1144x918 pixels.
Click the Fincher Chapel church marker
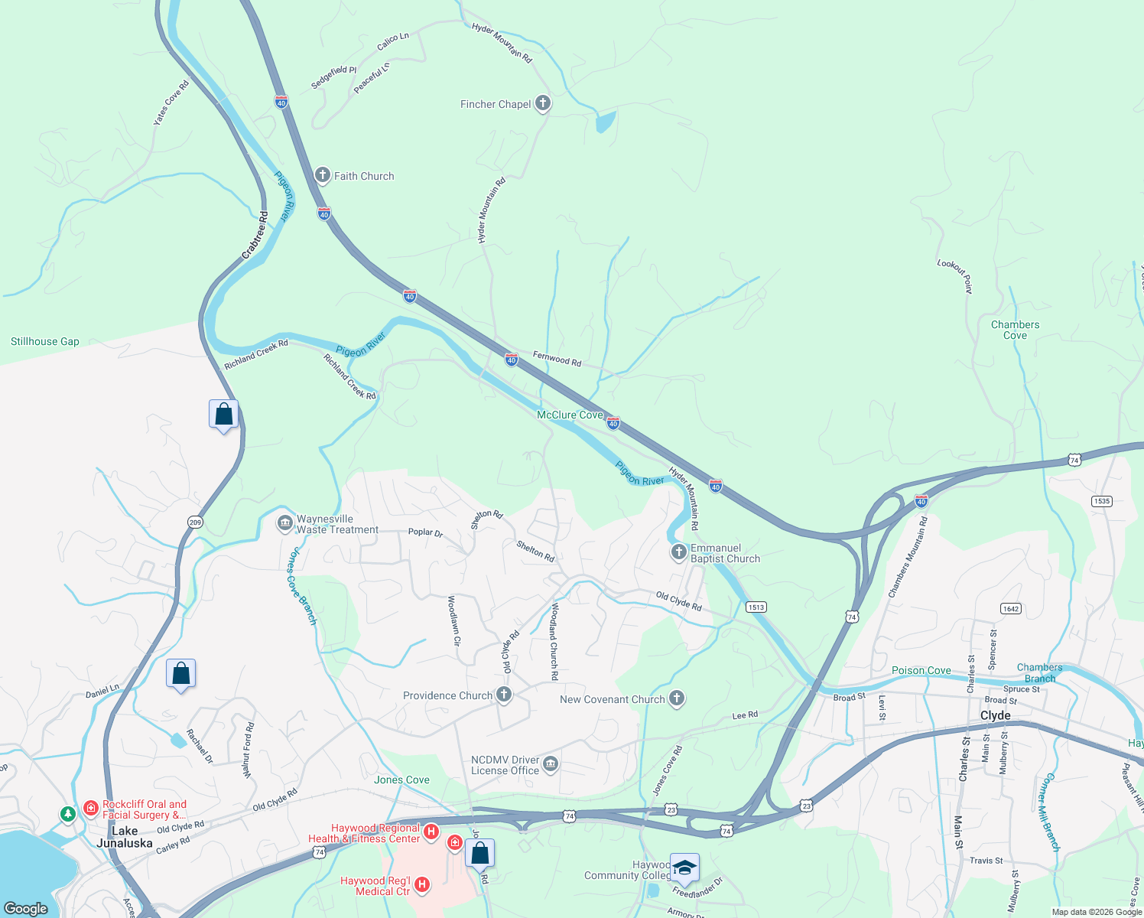(542, 103)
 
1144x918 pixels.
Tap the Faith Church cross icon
(323, 175)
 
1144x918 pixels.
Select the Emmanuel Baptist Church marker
(678, 552)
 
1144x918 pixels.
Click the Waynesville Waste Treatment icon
(284, 523)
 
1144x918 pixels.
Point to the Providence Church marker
(503, 695)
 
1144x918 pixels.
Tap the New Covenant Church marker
(676, 698)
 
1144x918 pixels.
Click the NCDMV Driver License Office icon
(550, 763)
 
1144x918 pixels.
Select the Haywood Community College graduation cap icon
(684, 868)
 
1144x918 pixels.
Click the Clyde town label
(995, 715)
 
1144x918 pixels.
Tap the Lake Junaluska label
(125, 837)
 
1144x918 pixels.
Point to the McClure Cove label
(570, 415)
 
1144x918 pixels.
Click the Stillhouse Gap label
(45, 341)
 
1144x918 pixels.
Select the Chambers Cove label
(1015, 330)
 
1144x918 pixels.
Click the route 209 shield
(195, 522)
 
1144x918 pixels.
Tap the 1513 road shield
(756, 607)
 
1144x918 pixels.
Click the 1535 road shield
(1101, 501)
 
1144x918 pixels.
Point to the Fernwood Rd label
(557, 358)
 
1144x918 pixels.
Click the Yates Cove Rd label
(171, 103)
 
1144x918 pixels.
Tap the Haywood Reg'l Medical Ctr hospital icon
(421, 885)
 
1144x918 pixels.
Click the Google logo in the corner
(26, 908)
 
